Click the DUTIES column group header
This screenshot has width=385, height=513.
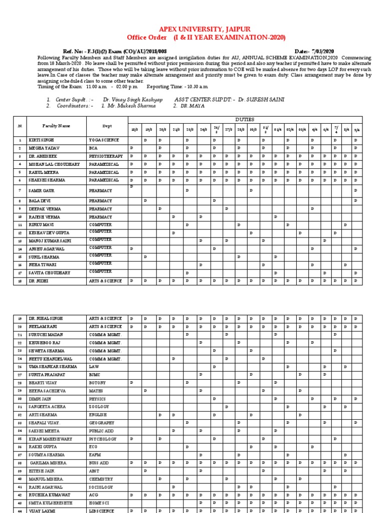click(245, 120)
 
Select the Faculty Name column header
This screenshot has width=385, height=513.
click(56, 126)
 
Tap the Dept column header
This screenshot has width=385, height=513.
click(107, 126)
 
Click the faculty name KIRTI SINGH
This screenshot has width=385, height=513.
click(41, 141)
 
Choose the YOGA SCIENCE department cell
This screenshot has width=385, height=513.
click(104, 141)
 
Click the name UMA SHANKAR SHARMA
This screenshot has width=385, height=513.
click(53, 367)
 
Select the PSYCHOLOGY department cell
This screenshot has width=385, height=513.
click(102, 439)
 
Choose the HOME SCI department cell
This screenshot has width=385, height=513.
click(100, 503)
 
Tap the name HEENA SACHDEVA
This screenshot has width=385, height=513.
click(48, 391)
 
